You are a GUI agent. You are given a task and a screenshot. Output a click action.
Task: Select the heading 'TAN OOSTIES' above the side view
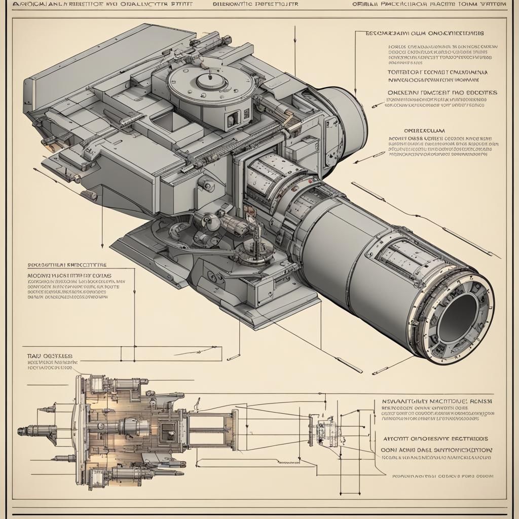49,356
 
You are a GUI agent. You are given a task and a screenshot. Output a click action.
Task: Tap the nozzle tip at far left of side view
21,431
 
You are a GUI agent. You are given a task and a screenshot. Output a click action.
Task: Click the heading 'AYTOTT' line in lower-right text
434,438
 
